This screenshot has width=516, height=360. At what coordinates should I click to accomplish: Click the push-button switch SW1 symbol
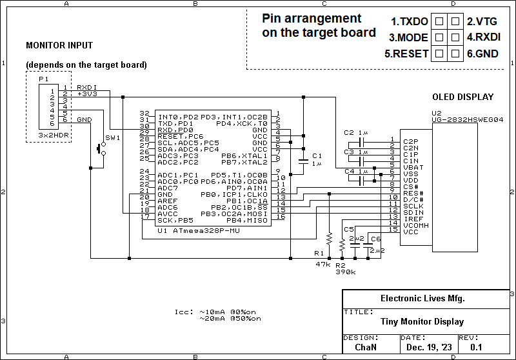101,149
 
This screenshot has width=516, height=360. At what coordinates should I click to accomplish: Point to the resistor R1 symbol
328,242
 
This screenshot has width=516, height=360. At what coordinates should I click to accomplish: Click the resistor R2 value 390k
345,272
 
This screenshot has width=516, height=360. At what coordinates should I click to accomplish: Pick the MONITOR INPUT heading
59,46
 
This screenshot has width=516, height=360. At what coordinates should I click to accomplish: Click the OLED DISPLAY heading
462,97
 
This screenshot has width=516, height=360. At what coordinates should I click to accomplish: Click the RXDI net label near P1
86,87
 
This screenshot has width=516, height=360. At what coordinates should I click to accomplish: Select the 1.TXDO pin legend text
410,21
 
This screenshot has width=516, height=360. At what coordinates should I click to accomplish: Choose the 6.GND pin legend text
482,54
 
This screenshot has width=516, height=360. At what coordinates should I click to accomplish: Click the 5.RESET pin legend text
406,54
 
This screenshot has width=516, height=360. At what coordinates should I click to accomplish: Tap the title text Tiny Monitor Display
422,322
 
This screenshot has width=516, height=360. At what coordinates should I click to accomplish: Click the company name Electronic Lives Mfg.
422,299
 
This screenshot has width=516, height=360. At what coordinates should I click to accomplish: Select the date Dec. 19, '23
429,347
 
